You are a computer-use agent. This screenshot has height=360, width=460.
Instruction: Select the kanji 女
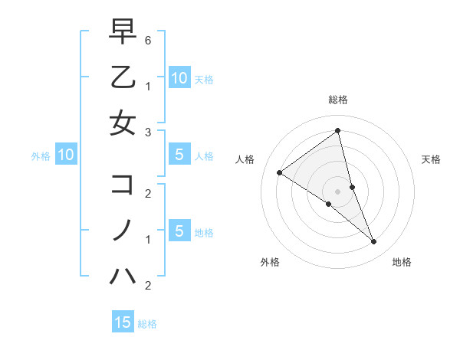pos(123,123)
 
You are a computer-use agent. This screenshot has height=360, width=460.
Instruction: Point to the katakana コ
pos(123,185)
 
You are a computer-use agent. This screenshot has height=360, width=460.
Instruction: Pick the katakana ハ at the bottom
pos(123,274)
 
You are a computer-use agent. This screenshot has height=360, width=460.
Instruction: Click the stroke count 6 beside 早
pos(148,40)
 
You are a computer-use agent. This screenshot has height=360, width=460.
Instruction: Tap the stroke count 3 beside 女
pos(148,132)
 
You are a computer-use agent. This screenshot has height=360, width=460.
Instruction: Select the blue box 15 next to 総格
pos(123,322)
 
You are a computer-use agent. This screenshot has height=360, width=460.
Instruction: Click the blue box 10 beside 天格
pos(179,78)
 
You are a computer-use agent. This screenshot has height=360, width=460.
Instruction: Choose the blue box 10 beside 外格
pos(66,155)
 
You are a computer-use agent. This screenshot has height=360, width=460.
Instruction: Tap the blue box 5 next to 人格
pos(179,155)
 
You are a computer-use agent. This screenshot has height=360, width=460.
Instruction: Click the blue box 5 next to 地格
pos(179,231)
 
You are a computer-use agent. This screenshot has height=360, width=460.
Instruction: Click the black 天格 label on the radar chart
pos(431,159)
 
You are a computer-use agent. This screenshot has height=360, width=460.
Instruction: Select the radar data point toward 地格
pos(374,242)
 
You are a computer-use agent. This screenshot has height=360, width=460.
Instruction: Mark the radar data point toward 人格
pos(279,172)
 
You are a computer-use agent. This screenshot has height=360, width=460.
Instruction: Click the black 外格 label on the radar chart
pos(270,263)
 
